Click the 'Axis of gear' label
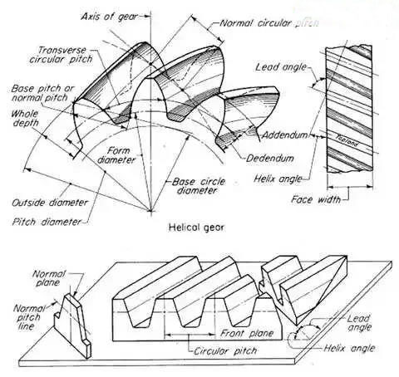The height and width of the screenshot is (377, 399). [109, 17]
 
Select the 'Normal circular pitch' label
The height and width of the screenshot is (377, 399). [269, 23]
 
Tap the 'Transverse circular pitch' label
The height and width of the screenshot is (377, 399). [62, 55]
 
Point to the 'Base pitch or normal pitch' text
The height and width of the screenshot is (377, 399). [42, 93]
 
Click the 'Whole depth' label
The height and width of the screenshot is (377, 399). [25, 118]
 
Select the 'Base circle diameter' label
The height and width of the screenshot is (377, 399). [199, 186]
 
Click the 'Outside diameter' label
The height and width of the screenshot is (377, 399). [50, 203]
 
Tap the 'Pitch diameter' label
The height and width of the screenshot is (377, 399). [47, 222]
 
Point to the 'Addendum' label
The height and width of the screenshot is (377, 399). [285, 135]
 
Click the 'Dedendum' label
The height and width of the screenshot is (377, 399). [270, 159]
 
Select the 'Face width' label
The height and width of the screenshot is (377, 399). [316, 199]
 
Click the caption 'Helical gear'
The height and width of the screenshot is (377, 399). [196, 228]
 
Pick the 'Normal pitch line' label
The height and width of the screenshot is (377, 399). [27, 317]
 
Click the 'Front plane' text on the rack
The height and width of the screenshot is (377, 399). [247, 333]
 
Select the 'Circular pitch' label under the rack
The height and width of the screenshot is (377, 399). [225, 351]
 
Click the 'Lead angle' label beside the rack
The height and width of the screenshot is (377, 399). [359, 323]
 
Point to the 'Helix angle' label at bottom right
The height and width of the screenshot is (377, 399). [349, 348]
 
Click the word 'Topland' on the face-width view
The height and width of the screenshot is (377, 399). [348, 140]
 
